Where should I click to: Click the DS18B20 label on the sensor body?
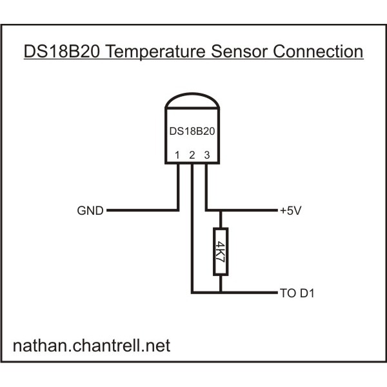click(192, 131)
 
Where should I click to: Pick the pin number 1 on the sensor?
click(177, 155)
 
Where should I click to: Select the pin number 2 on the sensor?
click(192, 155)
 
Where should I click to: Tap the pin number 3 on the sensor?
click(206, 155)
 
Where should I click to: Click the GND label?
click(90, 211)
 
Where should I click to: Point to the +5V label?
click(291, 211)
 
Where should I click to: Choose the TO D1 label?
click(297, 293)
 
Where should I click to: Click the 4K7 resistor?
click(221, 252)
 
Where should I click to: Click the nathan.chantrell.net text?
click(92, 346)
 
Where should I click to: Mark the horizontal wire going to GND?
click(142, 210)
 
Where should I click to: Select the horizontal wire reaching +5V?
click(248, 210)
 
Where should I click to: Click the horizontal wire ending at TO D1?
click(248, 293)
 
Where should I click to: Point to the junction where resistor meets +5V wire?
click(221, 210)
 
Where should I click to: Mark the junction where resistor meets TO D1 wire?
click(221, 293)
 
